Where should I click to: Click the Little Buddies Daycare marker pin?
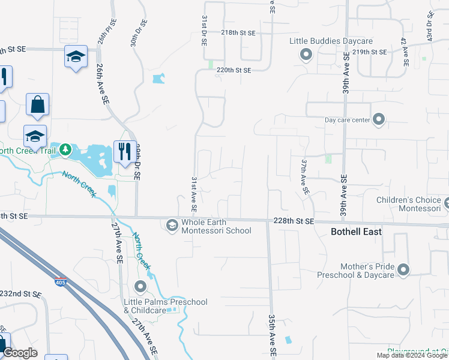[306, 56]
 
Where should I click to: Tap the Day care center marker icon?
[379, 120]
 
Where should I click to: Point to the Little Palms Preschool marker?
[140, 286]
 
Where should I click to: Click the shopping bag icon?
[37, 104]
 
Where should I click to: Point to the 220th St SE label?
[234, 70]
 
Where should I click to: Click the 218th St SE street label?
[238, 32]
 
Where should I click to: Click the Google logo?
[20, 353]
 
